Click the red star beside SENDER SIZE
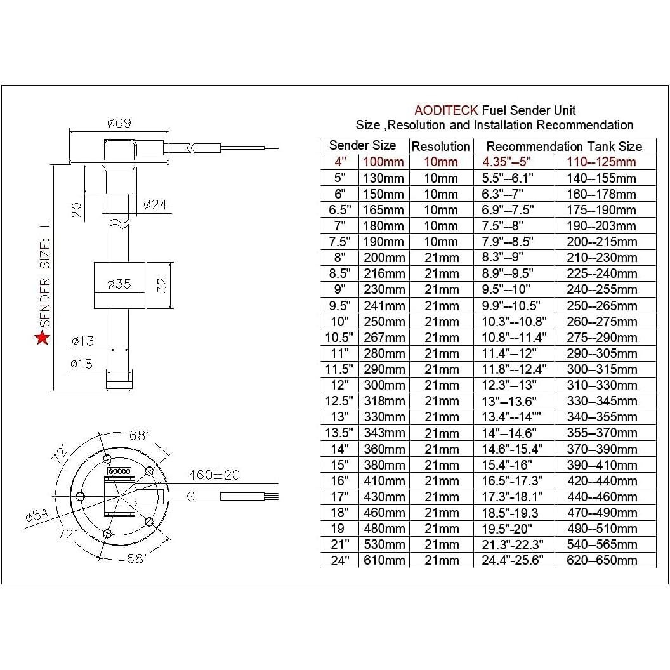[x=43, y=338]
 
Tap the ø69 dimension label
[x=119, y=123]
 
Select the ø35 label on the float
[x=119, y=284]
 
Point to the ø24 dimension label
[x=155, y=204]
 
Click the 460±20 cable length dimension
[x=214, y=474]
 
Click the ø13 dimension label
[x=82, y=341]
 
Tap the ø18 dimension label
[x=82, y=364]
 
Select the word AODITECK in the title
[x=446, y=111]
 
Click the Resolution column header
[x=441, y=147]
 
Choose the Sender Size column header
[x=363, y=145]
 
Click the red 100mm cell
[x=383, y=162]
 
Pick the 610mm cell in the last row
[x=383, y=560]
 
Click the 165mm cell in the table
[x=383, y=210]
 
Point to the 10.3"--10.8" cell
[x=513, y=322]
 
